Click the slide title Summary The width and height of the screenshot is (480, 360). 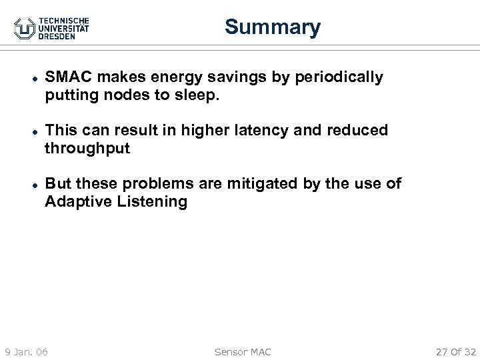272,27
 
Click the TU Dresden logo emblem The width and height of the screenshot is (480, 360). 25,27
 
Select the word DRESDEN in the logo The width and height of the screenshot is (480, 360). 57,36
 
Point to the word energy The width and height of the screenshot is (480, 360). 169,77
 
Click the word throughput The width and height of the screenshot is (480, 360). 87,148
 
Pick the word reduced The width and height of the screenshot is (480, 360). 361,130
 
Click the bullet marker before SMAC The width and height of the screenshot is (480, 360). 24,78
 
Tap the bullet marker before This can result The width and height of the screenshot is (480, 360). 24,131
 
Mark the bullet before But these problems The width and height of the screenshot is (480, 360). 24,184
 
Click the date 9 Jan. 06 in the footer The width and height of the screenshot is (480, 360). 26,351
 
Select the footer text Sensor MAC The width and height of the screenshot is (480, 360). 243,351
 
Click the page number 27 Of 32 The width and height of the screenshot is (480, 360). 455,351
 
